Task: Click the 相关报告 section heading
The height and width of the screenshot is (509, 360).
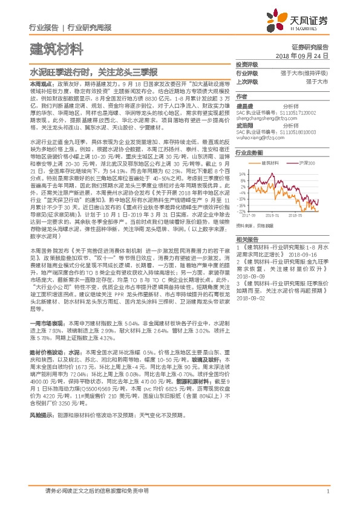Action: [247, 256]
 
